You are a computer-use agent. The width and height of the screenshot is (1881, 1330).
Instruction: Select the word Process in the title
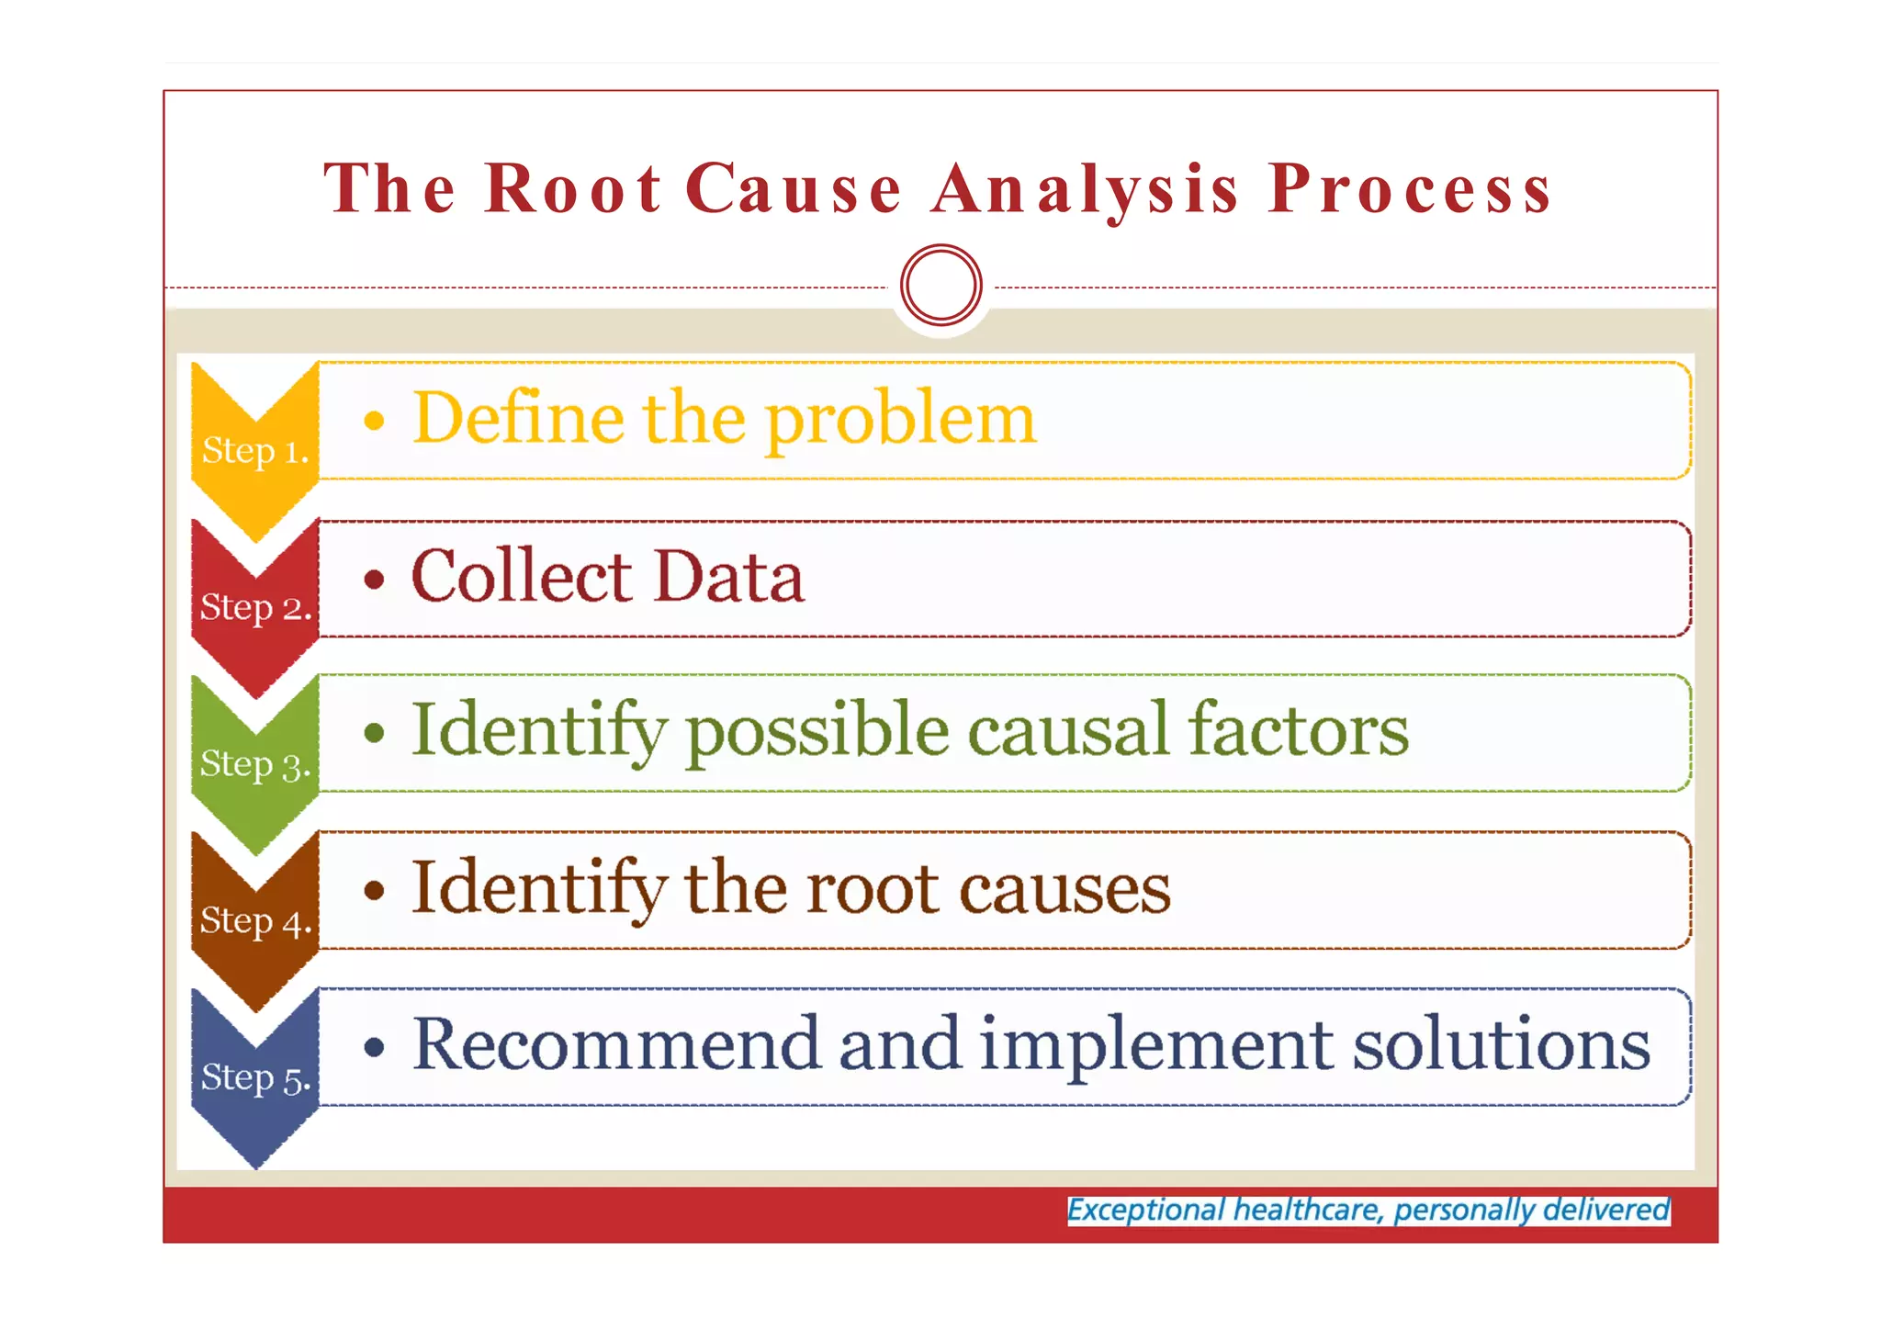click(x=1410, y=189)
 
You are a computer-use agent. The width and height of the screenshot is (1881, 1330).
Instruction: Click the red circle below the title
click(x=941, y=285)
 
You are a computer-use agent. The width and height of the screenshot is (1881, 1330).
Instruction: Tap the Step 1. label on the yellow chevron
click(x=254, y=451)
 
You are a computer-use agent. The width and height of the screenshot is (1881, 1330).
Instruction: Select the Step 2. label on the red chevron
click(x=255, y=608)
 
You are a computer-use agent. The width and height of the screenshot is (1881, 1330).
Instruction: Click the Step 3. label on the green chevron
click(x=255, y=764)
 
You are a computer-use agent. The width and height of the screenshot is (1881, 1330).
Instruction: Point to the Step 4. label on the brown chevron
click(x=255, y=921)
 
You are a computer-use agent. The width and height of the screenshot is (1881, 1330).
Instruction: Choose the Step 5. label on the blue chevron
click(x=255, y=1078)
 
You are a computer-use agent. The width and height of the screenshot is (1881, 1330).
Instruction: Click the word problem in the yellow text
click(x=900, y=420)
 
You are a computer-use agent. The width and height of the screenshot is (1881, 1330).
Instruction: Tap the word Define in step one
click(x=519, y=418)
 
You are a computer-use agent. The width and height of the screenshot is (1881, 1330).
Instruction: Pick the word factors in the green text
click(x=1297, y=731)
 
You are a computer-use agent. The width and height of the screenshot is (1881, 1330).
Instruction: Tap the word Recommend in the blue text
click(x=615, y=1044)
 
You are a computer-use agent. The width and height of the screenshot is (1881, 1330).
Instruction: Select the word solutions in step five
click(x=1501, y=1044)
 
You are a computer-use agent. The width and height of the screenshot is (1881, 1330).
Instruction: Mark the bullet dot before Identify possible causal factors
click(x=373, y=733)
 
